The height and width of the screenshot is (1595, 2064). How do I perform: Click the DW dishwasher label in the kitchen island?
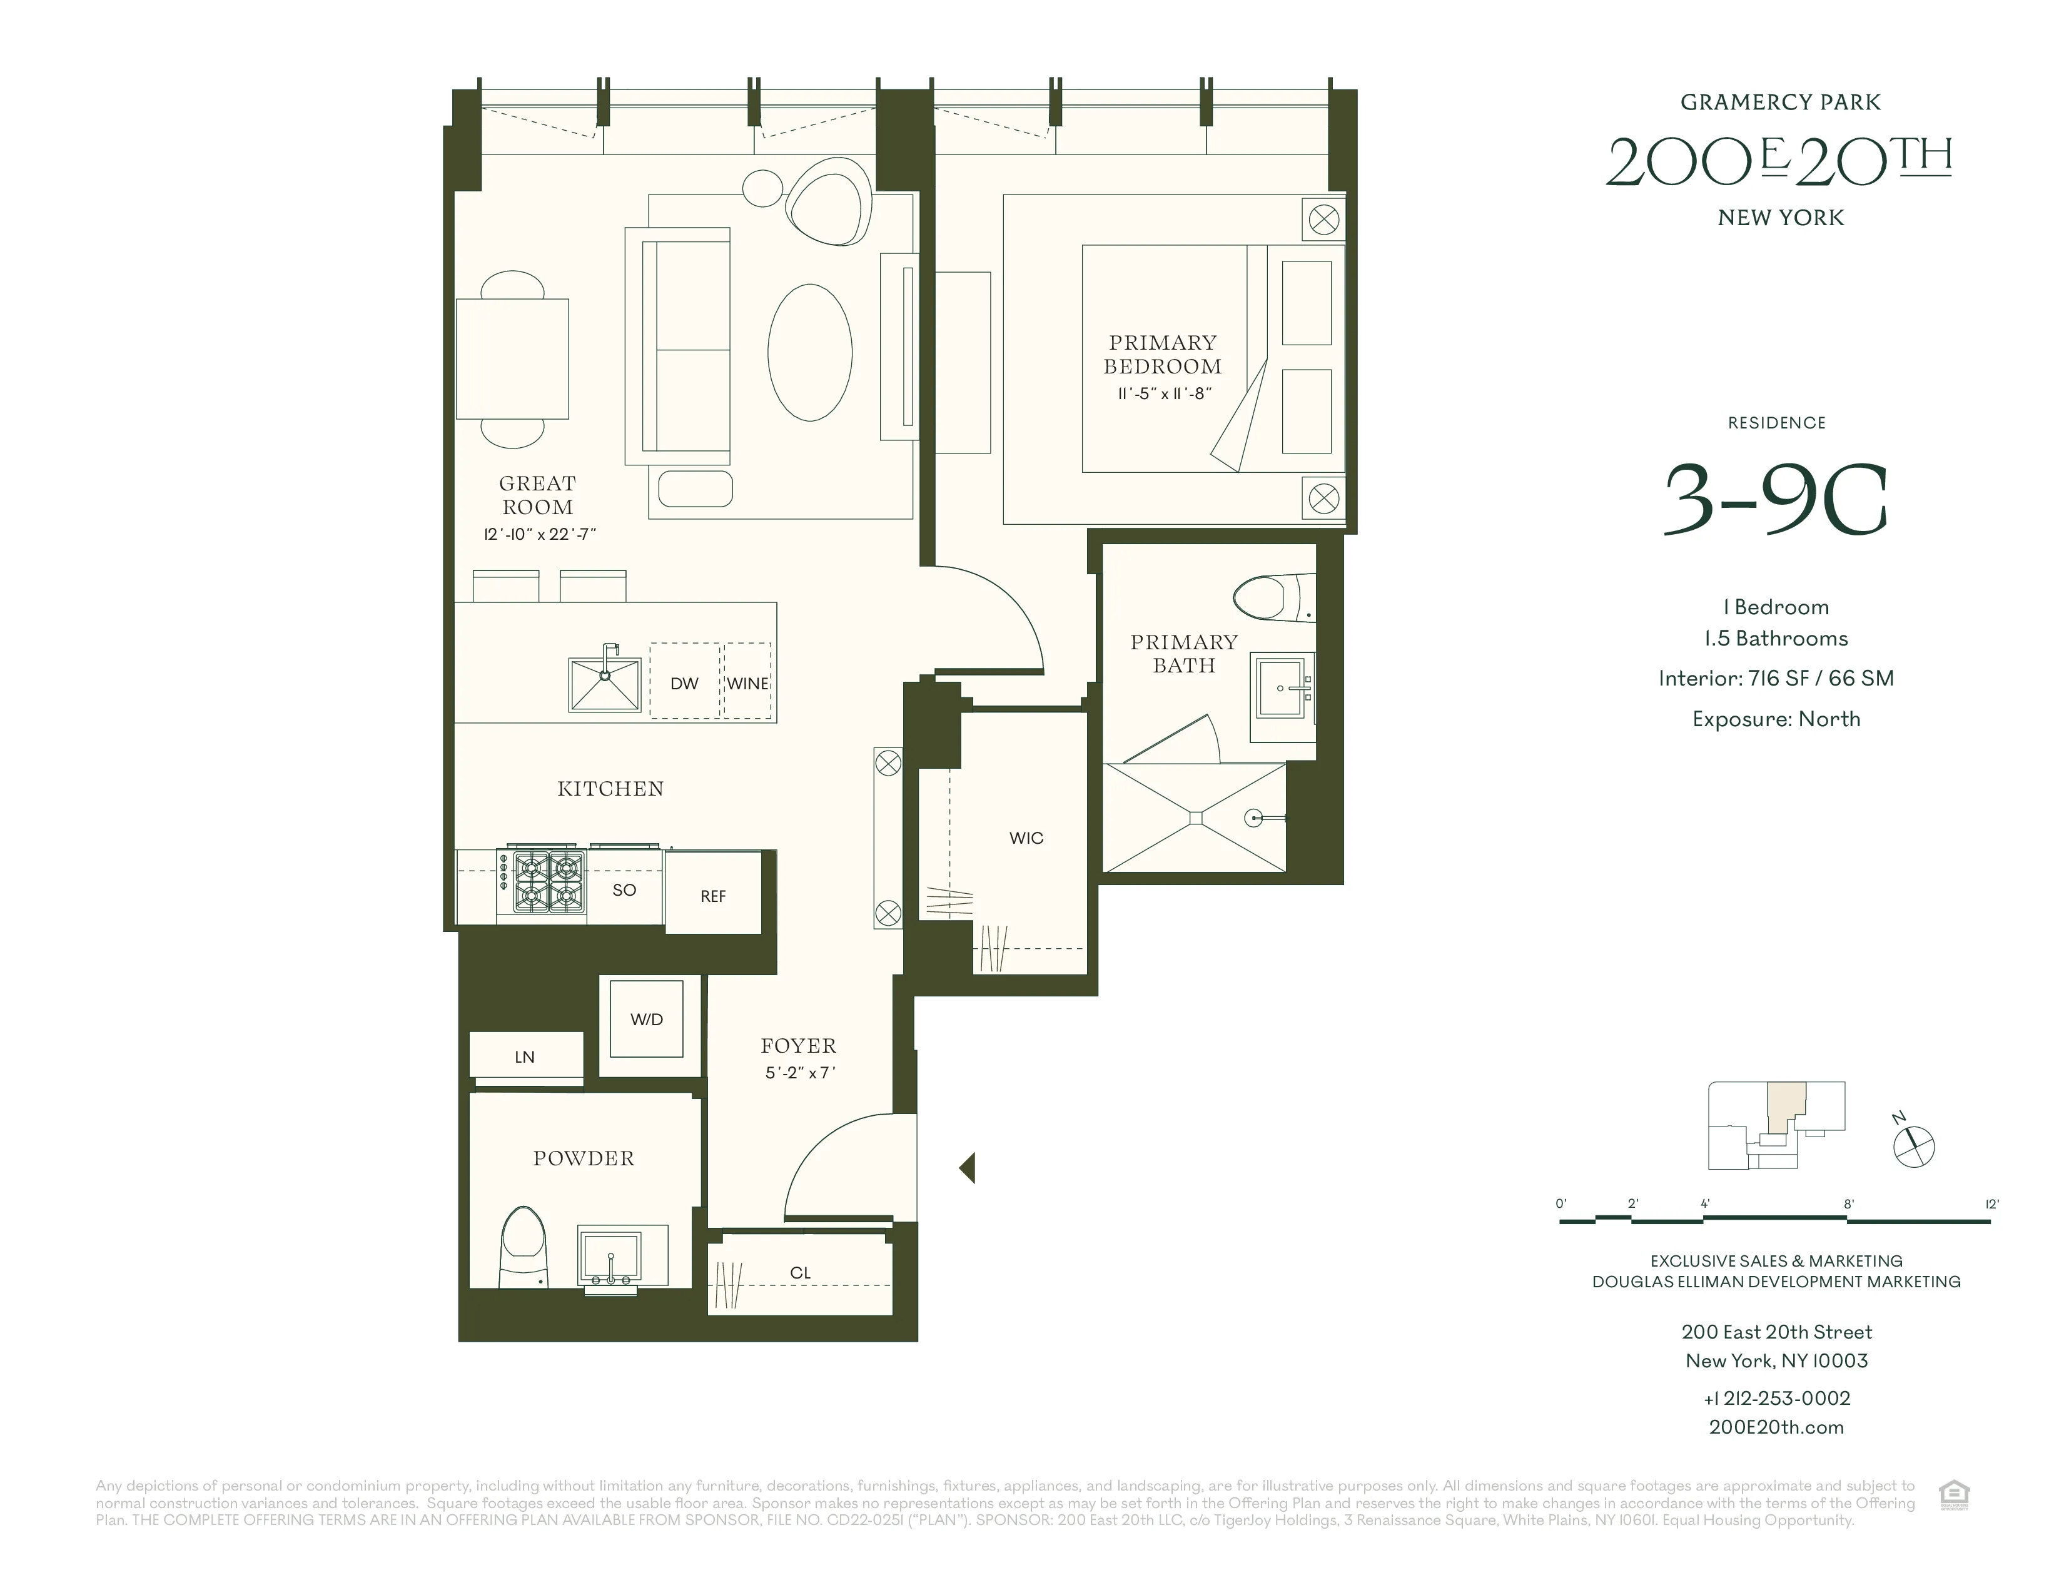click(684, 683)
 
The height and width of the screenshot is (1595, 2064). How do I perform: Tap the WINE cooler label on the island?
click(747, 683)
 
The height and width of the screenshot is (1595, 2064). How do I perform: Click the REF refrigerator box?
click(712, 896)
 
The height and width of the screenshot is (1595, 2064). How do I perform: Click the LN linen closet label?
click(525, 1057)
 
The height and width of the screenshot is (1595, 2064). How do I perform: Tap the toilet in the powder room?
click(524, 1245)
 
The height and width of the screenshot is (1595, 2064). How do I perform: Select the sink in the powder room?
click(610, 1255)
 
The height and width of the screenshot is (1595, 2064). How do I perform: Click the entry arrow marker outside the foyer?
click(967, 1168)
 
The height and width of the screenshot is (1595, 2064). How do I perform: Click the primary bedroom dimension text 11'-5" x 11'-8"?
click(1163, 393)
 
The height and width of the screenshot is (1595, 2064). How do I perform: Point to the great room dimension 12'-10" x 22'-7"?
click(539, 534)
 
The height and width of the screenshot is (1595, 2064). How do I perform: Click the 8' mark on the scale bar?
click(1848, 1205)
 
